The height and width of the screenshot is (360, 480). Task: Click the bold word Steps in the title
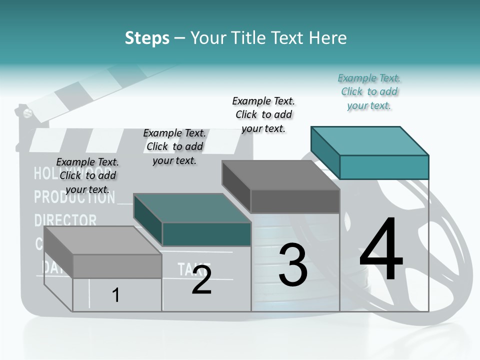[147, 38]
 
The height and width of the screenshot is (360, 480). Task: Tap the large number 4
[381, 249]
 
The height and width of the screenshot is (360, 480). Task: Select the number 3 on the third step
[293, 265]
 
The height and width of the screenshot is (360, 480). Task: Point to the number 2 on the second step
[201, 280]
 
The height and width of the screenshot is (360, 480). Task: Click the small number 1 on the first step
[115, 295]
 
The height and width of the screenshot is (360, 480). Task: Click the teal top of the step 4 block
[370, 140]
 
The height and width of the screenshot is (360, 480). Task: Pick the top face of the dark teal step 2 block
[192, 208]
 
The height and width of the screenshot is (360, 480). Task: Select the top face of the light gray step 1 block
[103, 240]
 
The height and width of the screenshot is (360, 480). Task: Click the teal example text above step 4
[369, 92]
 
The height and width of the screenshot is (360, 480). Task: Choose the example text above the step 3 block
[263, 114]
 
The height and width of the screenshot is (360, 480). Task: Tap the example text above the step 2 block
[174, 146]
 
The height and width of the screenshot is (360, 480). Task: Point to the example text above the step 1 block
[87, 175]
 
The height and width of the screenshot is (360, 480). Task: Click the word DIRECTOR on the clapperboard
[65, 220]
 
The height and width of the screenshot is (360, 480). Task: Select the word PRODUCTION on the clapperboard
[74, 197]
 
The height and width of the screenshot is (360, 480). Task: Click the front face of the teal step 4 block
[384, 167]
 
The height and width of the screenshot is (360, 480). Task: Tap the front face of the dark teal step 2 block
[206, 234]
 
